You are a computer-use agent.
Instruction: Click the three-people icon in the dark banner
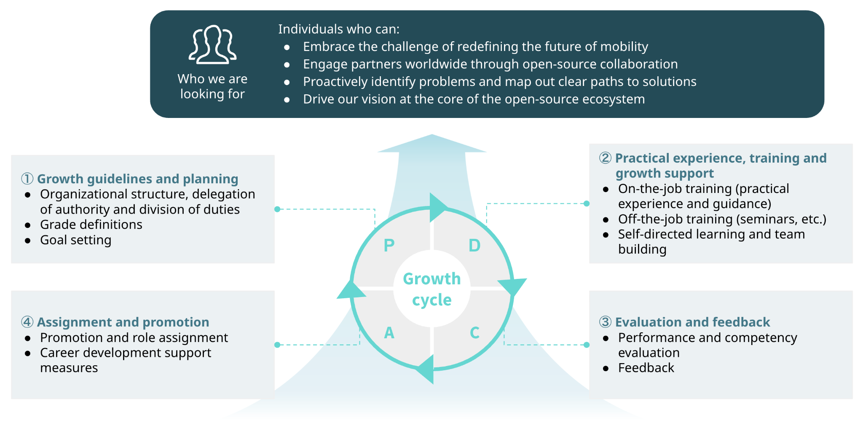point(212,44)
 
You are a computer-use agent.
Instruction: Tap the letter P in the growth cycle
point(389,245)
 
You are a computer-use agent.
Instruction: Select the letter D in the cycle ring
point(474,245)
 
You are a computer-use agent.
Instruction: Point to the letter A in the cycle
point(389,333)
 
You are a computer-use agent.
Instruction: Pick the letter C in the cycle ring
point(475,333)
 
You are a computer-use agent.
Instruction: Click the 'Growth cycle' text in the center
point(432,289)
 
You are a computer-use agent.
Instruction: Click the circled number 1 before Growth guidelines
point(27,179)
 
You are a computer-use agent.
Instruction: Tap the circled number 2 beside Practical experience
point(606,158)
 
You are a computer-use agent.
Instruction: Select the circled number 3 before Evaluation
point(606,322)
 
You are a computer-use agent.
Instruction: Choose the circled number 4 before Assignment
point(27,322)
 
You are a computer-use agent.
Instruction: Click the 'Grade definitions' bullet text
point(91,225)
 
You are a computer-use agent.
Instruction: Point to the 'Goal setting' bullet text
point(76,240)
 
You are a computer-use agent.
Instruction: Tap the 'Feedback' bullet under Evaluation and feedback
point(646,368)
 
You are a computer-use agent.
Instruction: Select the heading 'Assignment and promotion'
point(123,322)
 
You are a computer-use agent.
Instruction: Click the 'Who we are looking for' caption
point(212,86)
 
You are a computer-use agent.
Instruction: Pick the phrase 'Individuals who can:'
point(339,29)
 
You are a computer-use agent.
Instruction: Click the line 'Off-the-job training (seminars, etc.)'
point(722,219)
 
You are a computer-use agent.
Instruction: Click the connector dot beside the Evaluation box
point(587,345)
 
